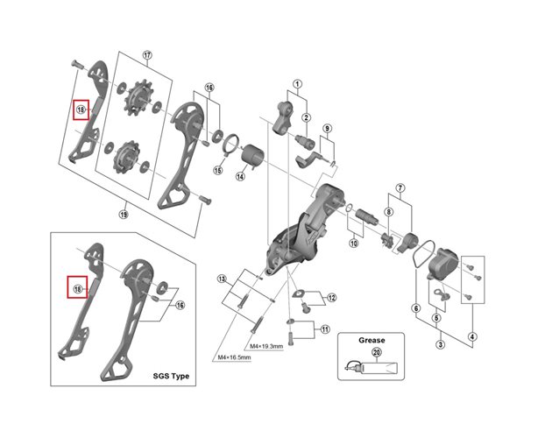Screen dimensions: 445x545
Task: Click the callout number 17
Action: pos(147,55)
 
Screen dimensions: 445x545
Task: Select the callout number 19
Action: pos(123,213)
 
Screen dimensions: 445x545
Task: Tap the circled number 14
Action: pos(238,175)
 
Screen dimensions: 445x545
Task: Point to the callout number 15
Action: pos(216,171)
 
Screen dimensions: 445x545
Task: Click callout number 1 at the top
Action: pos(297,86)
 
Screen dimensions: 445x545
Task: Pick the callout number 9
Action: pos(327,130)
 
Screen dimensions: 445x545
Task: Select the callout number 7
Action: pos(399,188)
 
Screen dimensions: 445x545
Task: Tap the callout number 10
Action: pos(354,244)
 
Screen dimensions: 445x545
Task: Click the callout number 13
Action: pos(223,279)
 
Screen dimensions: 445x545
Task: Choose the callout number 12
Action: pos(331,299)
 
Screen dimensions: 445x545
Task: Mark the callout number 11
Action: pos(323,330)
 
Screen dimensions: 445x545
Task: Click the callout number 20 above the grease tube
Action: pos(377,352)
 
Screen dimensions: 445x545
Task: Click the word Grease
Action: pos(371,339)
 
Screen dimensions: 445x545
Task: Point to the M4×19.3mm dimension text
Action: pos(267,346)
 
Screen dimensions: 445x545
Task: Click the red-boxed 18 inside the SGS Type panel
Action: pos(77,288)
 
